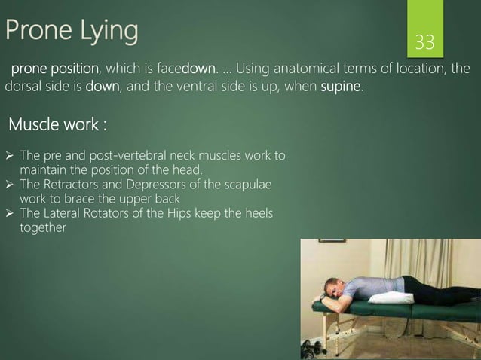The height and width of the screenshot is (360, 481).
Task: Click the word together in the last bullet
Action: coord(43,227)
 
